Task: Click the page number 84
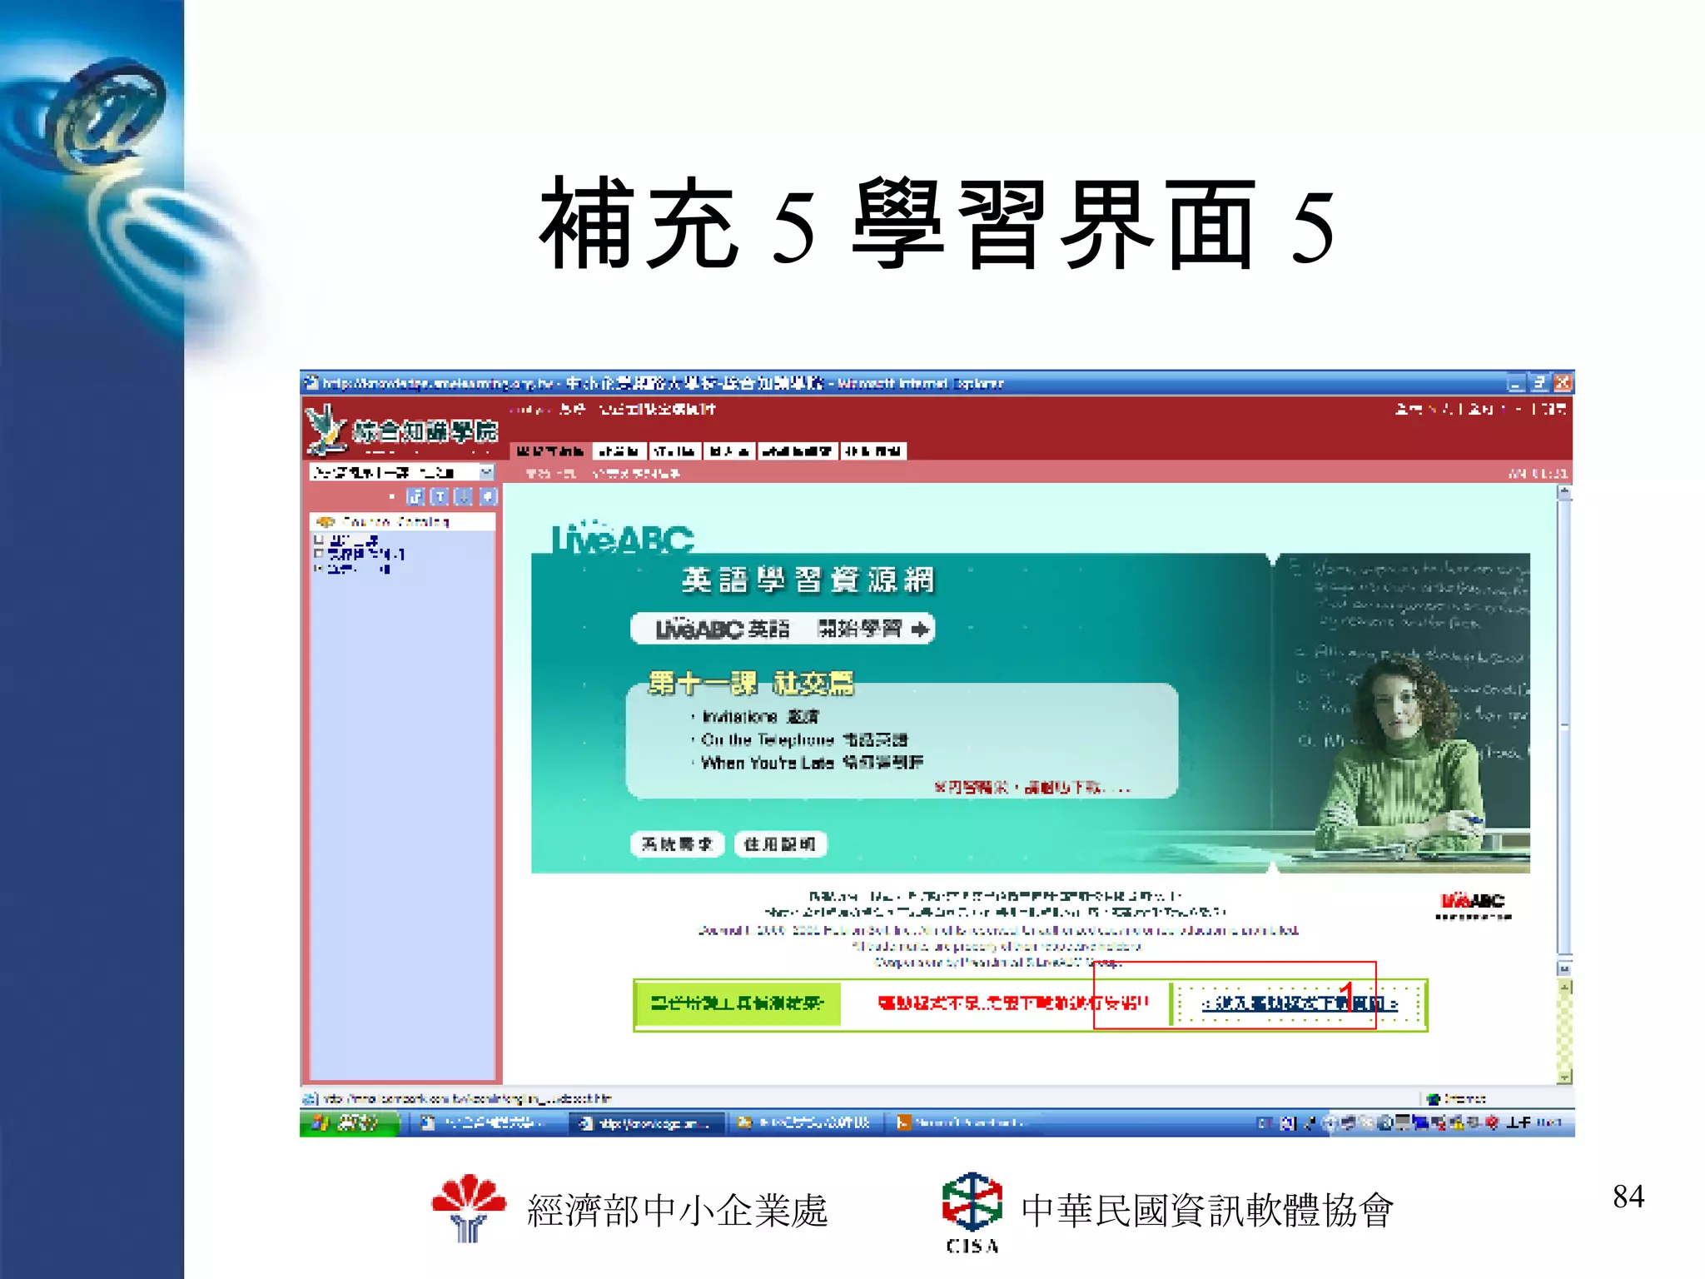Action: [1628, 1197]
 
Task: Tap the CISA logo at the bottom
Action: [972, 1212]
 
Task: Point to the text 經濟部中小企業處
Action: [678, 1211]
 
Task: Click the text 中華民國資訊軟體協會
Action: [1207, 1211]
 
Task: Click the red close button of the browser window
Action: [1563, 383]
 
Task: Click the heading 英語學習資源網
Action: [808, 580]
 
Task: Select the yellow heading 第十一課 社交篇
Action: [751, 684]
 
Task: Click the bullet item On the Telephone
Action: [803, 739]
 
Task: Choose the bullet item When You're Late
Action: [812, 763]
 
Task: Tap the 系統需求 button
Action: [677, 844]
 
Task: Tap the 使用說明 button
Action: [779, 844]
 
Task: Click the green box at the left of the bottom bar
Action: [737, 1003]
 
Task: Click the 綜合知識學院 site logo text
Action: [425, 431]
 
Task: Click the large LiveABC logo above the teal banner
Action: [623, 539]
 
